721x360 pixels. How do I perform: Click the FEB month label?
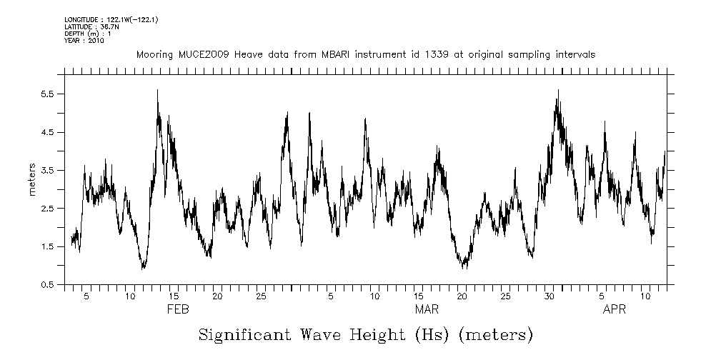[x=178, y=310]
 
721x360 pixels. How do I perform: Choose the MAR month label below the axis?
[x=427, y=310]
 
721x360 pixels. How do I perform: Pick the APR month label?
[x=615, y=310]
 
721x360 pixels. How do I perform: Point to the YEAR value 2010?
[x=96, y=41]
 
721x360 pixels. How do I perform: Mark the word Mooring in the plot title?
[x=152, y=54]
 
